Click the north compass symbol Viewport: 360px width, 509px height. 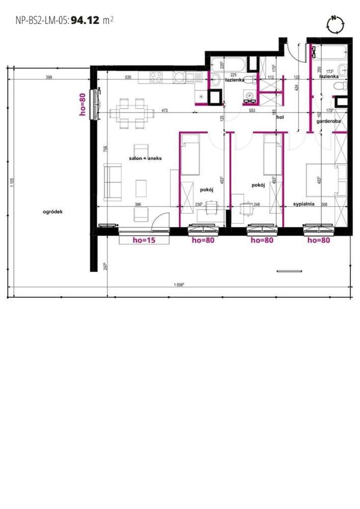335,24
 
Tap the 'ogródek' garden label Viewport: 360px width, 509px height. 52,212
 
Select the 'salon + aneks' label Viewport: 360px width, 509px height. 145,159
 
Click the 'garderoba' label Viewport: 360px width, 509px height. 328,122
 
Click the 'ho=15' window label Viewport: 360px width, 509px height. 143,240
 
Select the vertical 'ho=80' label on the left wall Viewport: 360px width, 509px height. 84,104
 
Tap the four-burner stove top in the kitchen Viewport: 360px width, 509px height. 156,77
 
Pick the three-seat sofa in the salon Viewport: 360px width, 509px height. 113,181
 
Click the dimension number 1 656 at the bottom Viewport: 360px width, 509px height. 178,285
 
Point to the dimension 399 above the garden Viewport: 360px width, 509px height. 49,77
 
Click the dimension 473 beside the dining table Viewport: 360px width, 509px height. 164,110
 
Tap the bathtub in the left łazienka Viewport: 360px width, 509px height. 228,64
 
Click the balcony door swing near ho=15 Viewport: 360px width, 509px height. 160,220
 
